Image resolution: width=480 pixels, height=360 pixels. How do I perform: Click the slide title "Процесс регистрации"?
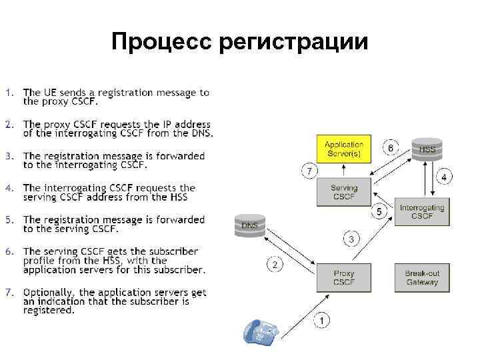tap(239, 42)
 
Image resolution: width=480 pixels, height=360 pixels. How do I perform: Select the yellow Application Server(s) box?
tap(343, 149)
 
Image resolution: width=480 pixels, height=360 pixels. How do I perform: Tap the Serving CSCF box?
tap(343, 192)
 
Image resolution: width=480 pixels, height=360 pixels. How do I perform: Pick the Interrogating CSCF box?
tap(421, 212)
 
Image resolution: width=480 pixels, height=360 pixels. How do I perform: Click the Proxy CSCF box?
tap(343, 277)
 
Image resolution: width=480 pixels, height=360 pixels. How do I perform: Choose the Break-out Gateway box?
tap(421, 277)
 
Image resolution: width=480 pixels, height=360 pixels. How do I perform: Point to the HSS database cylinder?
tap(427, 149)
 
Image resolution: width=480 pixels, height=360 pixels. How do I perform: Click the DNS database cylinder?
tap(249, 225)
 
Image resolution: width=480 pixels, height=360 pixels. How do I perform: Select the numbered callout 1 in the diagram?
tap(321, 321)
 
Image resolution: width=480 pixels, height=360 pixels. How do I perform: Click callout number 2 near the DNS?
tap(275, 265)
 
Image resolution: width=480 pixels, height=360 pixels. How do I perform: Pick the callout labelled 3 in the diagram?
tap(351, 238)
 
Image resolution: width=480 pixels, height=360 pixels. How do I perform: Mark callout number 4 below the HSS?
tap(444, 177)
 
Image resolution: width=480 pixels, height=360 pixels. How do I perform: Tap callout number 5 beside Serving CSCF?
tap(379, 211)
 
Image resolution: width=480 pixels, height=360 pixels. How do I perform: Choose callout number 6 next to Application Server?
tap(391, 147)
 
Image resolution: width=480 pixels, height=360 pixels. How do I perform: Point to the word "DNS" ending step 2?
tap(201, 133)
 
